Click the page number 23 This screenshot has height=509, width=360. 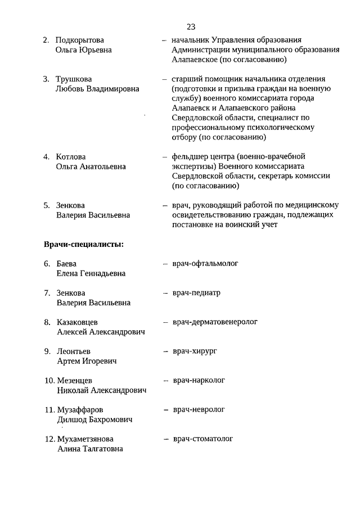pos(191,26)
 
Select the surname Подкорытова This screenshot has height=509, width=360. pos(80,40)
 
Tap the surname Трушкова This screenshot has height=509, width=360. pos(74,79)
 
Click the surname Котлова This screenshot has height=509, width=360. pos(71,156)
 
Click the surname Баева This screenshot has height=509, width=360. pos(66,264)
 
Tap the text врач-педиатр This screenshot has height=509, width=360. pos(196,293)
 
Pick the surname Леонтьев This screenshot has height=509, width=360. pos(73,352)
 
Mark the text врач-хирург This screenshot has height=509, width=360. pos(195,351)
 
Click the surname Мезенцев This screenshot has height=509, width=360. pos(75,381)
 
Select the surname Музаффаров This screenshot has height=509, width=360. pos(80,410)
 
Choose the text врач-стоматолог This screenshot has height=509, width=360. pos(202,439)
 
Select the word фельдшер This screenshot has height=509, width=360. pos(189,156)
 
